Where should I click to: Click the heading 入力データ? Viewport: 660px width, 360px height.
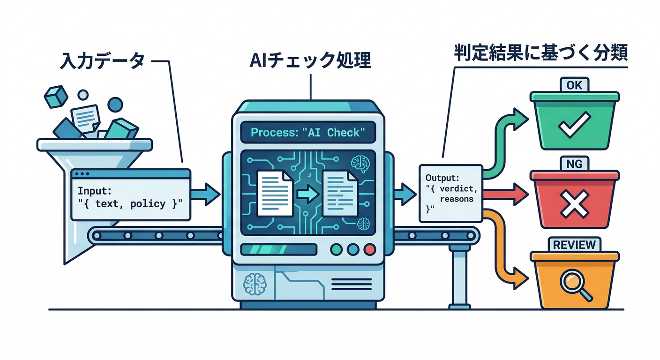[102, 61]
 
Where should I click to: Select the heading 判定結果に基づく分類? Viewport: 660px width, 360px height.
[540, 53]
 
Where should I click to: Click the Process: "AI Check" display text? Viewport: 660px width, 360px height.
[307, 132]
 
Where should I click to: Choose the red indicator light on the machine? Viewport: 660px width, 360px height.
[369, 249]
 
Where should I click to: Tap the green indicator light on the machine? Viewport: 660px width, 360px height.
[337, 249]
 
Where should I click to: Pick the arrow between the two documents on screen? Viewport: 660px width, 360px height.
[307, 194]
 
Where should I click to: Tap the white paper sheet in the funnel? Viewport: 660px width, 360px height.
[85, 117]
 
